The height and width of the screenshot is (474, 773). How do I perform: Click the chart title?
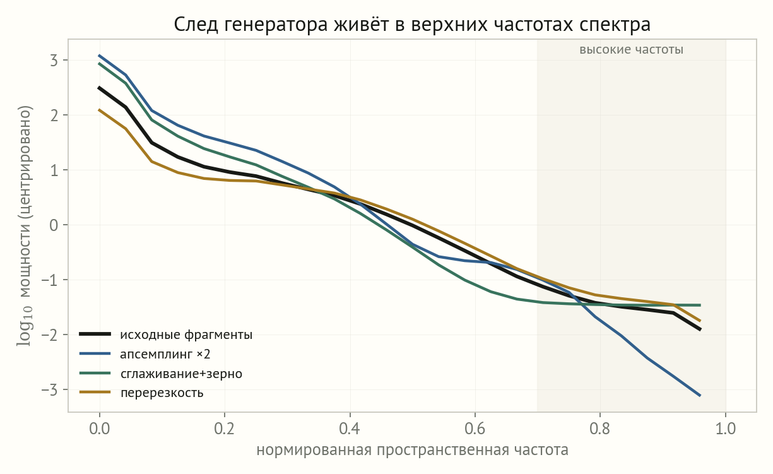[x=412, y=25]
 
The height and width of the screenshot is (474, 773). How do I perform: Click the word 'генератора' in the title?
[x=276, y=25]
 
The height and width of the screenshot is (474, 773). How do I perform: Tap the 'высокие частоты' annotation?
[x=631, y=50]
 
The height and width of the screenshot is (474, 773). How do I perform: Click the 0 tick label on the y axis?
[x=54, y=225]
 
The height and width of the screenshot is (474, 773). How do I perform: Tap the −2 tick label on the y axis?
[x=50, y=335]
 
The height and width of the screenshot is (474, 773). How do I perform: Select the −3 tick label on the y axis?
[x=50, y=390]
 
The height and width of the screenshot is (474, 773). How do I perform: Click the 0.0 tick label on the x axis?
[x=100, y=429]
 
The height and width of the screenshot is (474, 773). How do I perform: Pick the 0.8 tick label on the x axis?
[x=600, y=429]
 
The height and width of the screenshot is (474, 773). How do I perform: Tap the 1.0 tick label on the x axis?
[x=726, y=429]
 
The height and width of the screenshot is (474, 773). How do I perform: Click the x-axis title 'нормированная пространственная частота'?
[x=412, y=451]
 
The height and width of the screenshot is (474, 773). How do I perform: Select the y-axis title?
[x=25, y=225]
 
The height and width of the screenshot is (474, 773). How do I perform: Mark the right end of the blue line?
[x=700, y=396]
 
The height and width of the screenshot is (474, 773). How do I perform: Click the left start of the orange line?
[x=100, y=110]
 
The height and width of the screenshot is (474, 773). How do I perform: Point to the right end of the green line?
[x=700, y=305]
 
